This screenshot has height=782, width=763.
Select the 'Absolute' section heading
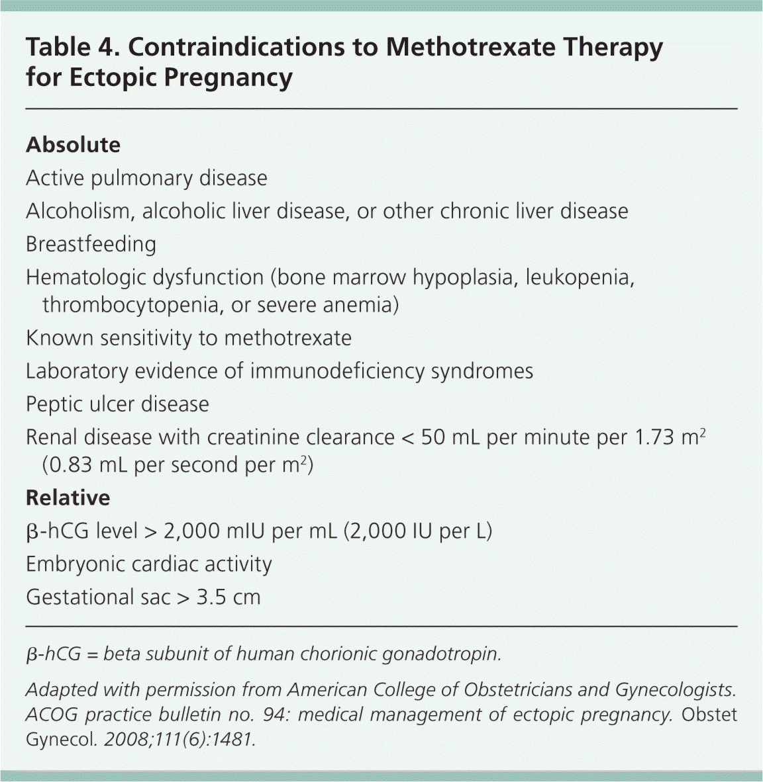tap(73, 145)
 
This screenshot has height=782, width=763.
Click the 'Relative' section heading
tap(68, 498)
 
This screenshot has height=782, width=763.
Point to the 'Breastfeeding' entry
tap(91, 244)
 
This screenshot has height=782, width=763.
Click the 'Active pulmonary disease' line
tap(146, 178)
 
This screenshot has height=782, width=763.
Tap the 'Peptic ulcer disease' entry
tap(117, 404)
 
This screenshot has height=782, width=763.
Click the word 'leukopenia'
tap(580, 277)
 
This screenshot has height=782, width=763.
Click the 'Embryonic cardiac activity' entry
tap(148, 564)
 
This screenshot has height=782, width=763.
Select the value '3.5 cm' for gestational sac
tap(229, 597)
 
